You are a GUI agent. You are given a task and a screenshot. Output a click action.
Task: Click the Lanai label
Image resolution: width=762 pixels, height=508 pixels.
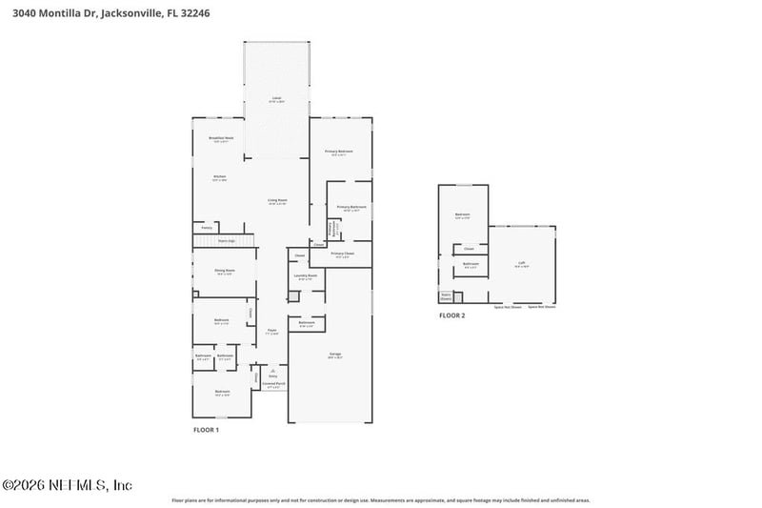point(276,98)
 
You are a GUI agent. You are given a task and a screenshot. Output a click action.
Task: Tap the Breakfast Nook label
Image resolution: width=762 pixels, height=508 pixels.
point(221,138)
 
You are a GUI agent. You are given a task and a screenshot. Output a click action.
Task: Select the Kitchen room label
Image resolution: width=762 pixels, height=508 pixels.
point(219,176)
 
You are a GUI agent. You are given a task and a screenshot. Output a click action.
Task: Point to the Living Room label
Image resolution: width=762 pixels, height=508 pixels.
point(277,200)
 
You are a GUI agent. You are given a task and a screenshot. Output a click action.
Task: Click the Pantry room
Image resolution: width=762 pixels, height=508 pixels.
point(207,228)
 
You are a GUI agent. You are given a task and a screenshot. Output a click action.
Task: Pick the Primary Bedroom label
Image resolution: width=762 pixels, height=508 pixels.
point(339,152)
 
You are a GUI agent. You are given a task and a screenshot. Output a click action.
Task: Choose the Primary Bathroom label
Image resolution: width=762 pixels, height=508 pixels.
point(351,207)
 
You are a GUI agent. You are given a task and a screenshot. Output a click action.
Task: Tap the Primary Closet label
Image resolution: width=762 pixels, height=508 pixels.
point(343,254)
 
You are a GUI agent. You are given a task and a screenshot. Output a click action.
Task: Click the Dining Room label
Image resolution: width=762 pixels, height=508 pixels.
point(224,271)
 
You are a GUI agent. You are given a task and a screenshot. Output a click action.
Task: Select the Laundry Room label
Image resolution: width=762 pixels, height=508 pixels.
point(307,275)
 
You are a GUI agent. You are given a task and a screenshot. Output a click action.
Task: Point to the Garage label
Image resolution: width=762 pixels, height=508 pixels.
point(335,354)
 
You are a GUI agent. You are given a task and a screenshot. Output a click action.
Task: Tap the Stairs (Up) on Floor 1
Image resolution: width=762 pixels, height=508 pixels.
point(227,242)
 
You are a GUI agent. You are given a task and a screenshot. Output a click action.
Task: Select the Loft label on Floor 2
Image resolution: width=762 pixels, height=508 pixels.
point(521,263)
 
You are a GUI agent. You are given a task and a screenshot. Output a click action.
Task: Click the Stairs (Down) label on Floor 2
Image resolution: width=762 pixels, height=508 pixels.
point(445,296)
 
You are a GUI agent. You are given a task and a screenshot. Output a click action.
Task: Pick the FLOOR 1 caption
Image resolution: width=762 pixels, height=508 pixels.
point(206,431)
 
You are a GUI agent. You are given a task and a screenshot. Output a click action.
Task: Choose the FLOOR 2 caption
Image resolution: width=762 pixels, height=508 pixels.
point(451,315)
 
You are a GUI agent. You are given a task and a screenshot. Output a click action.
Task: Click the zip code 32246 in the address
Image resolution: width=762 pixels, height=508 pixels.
point(219,14)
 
